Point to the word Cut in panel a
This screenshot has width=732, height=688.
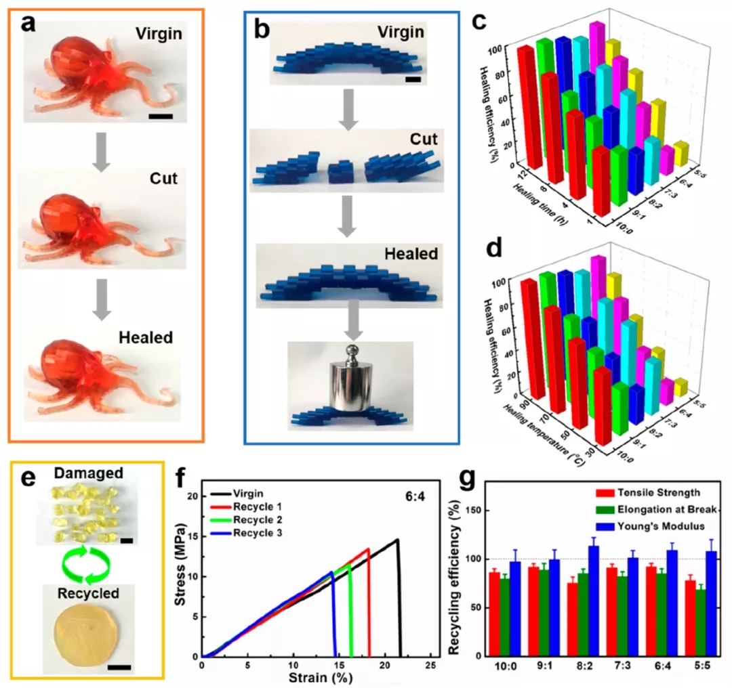coord(163,179)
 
